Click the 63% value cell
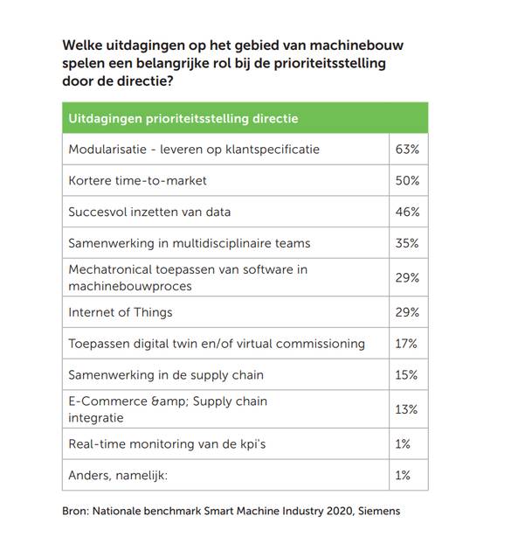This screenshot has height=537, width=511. tap(407, 150)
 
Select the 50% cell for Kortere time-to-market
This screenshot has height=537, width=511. tap(407, 181)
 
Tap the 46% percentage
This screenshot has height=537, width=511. tap(407, 212)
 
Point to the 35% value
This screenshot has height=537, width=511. tap(407, 243)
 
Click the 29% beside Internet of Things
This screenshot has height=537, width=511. tap(407, 312)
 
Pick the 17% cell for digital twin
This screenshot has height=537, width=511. tap(407, 344)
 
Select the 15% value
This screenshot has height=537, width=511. tap(407, 375)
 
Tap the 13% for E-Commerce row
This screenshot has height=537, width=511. tap(407, 409)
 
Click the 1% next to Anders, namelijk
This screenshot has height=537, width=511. tap(403, 475)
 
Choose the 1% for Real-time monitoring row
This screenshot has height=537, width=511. tap(403, 444)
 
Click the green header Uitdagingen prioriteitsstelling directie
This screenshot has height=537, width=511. tap(184, 118)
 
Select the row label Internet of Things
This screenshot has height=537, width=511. tap(121, 312)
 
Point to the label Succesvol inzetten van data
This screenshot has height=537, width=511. tap(149, 212)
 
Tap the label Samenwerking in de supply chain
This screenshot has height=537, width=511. tap(166, 375)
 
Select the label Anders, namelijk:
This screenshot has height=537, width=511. tap(116, 475)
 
